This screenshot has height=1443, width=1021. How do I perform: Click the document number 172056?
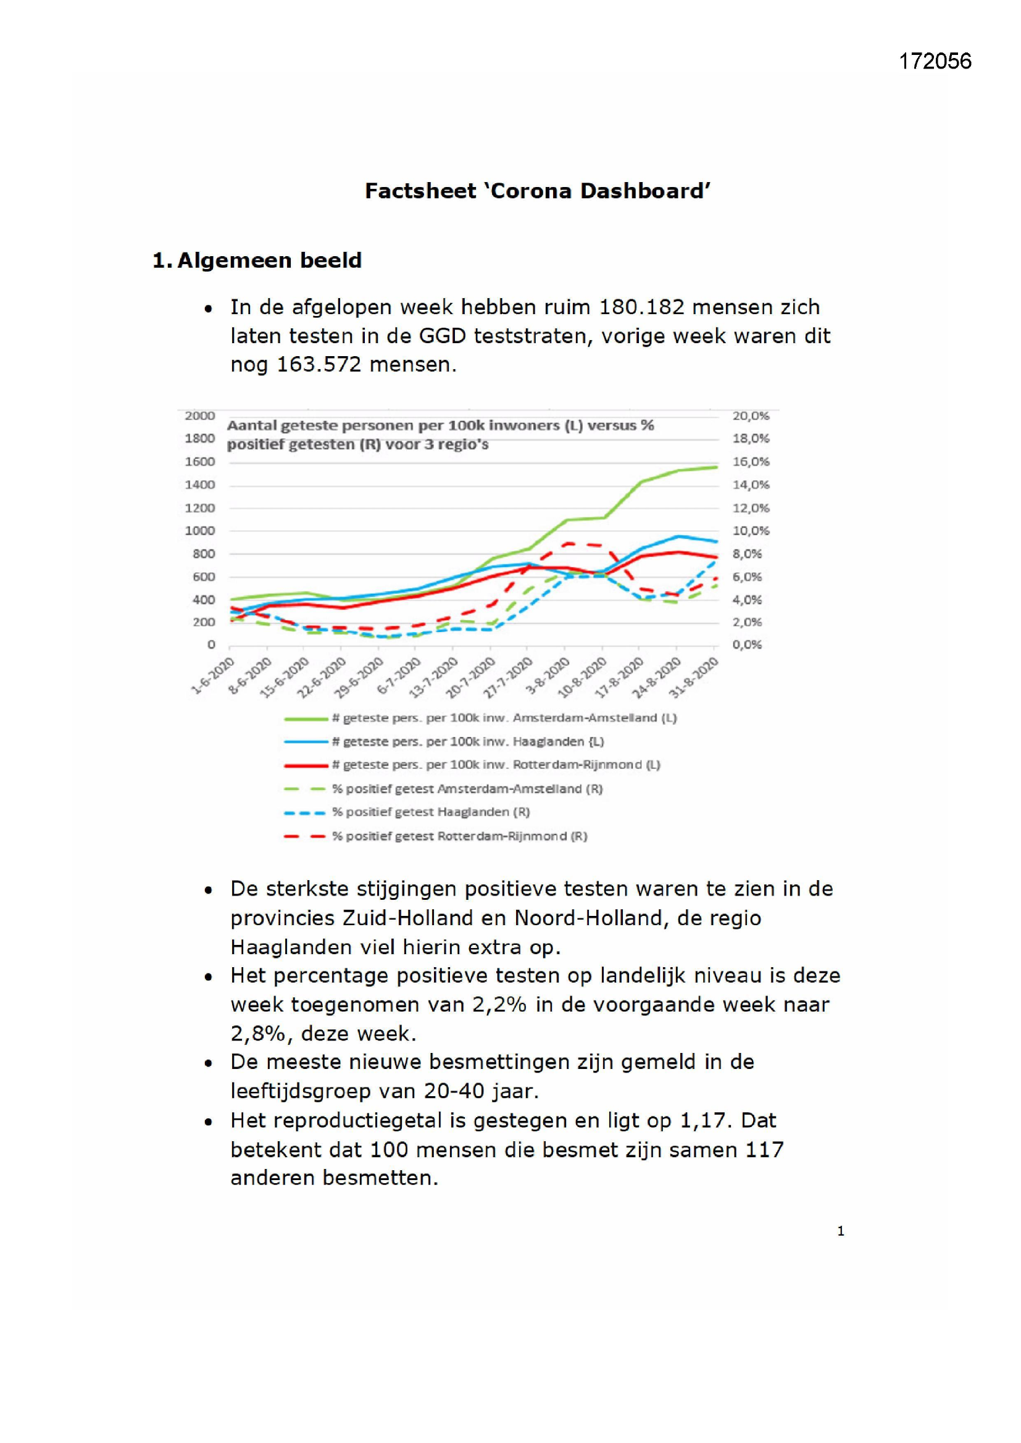pyautogui.click(x=935, y=61)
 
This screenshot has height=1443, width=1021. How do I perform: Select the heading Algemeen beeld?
pyautogui.click(x=270, y=260)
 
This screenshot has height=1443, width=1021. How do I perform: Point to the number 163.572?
pyautogui.click(x=319, y=365)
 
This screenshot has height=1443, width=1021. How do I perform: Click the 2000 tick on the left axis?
pyautogui.click(x=200, y=415)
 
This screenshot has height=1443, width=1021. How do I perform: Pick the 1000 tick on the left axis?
pyautogui.click(x=200, y=530)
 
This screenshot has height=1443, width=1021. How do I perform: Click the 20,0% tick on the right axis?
pyautogui.click(x=751, y=415)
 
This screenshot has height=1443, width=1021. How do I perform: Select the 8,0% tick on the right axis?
pyautogui.click(x=747, y=554)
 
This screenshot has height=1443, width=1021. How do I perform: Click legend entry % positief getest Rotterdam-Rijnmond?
pyautogui.click(x=436, y=836)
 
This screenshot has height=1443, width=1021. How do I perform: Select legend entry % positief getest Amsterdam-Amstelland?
pyautogui.click(x=443, y=789)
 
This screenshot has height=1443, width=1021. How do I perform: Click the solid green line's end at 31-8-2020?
pyautogui.click(x=717, y=467)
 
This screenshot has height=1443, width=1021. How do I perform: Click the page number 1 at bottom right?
pyautogui.click(x=841, y=1231)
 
